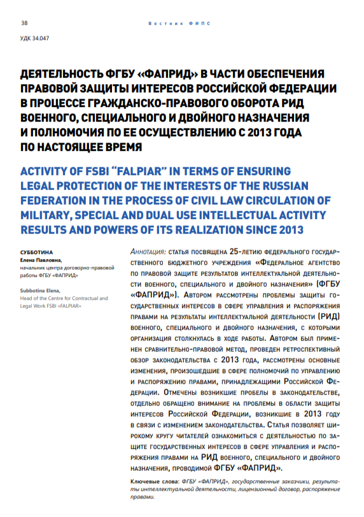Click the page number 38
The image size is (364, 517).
(25, 23)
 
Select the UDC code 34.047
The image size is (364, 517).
(35, 38)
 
